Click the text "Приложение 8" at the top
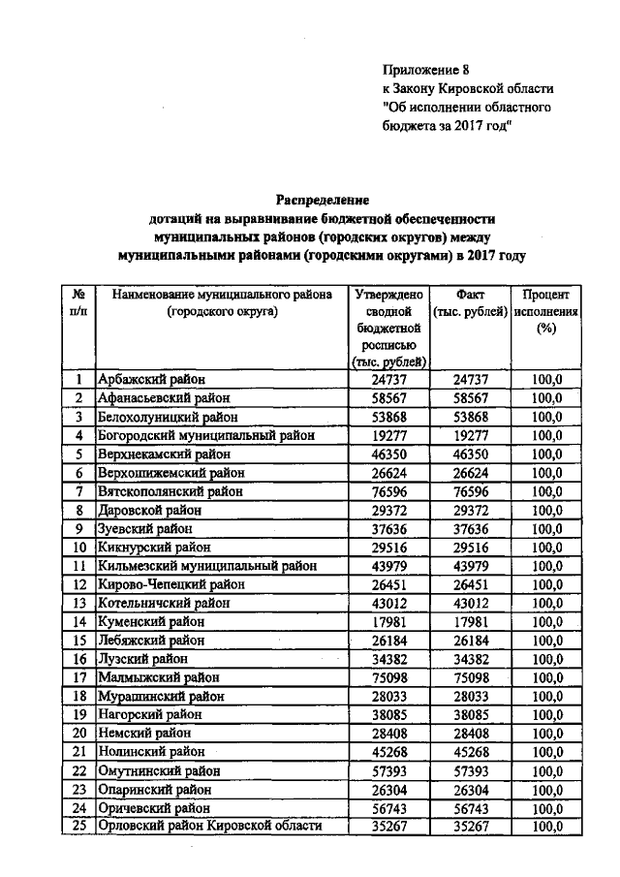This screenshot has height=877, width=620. pyautogui.click(x=425, y=70)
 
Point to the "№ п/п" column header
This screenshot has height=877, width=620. pyautogui.click(x=78, y=302)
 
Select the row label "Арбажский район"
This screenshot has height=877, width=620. pyautogui.click(x=152, y=380)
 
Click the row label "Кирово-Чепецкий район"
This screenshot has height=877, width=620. pyautogui.click(x=171, y=584)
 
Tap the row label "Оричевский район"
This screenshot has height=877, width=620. pyautogui.click(x=154, y=807)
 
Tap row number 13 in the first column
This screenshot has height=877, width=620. pyautogui.click(x=78, y=603)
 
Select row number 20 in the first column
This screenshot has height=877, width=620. pyautogui.click(x=78, y=733)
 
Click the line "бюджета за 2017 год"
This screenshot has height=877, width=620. pyautogui.click(x=445, y=125)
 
